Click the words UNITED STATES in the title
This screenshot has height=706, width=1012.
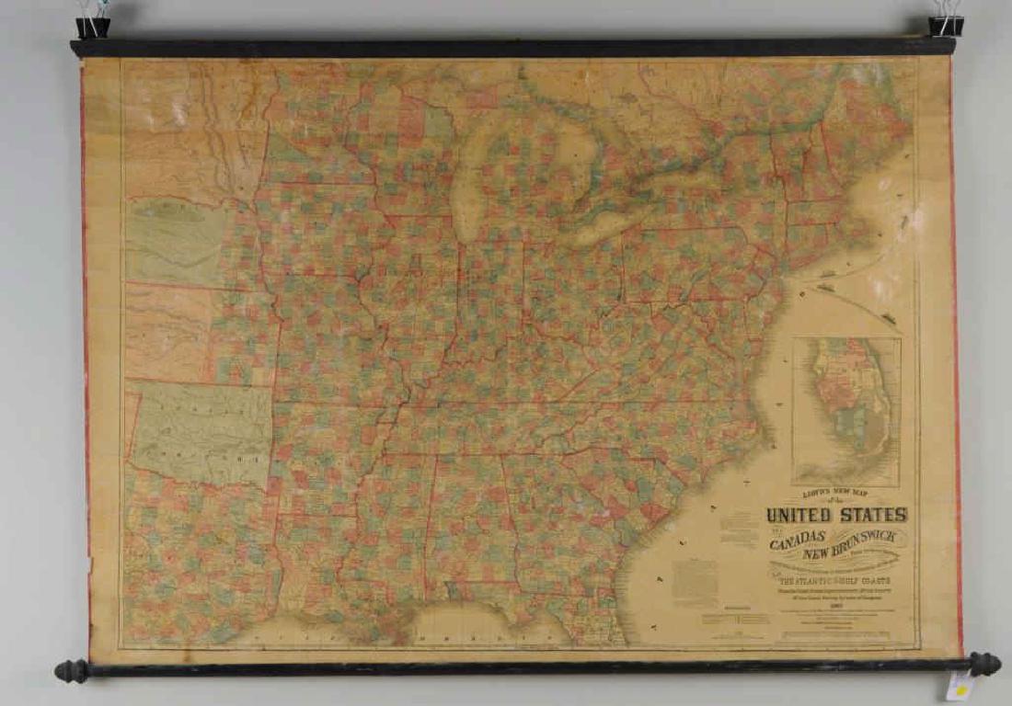[836, 515]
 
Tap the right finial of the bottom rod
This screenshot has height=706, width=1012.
[986, 664]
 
